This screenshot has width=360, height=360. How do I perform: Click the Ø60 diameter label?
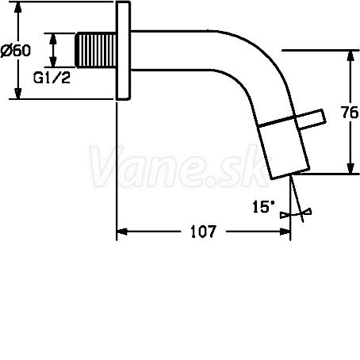click(16, 50)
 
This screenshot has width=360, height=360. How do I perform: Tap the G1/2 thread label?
click(52, 78)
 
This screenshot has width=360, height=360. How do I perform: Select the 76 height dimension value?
click(350, 113)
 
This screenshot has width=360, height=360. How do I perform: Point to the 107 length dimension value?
click(203, 232)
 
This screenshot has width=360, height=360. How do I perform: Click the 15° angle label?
click(264, 207)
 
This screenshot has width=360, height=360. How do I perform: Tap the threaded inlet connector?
click(96, 50)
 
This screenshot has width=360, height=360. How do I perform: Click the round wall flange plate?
click(123, 51)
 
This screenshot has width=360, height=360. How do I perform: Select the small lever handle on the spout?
click(311, 120)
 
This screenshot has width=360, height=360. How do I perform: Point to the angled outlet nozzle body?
click(283, 151)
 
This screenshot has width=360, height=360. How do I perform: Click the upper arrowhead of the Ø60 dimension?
click(17, 7)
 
